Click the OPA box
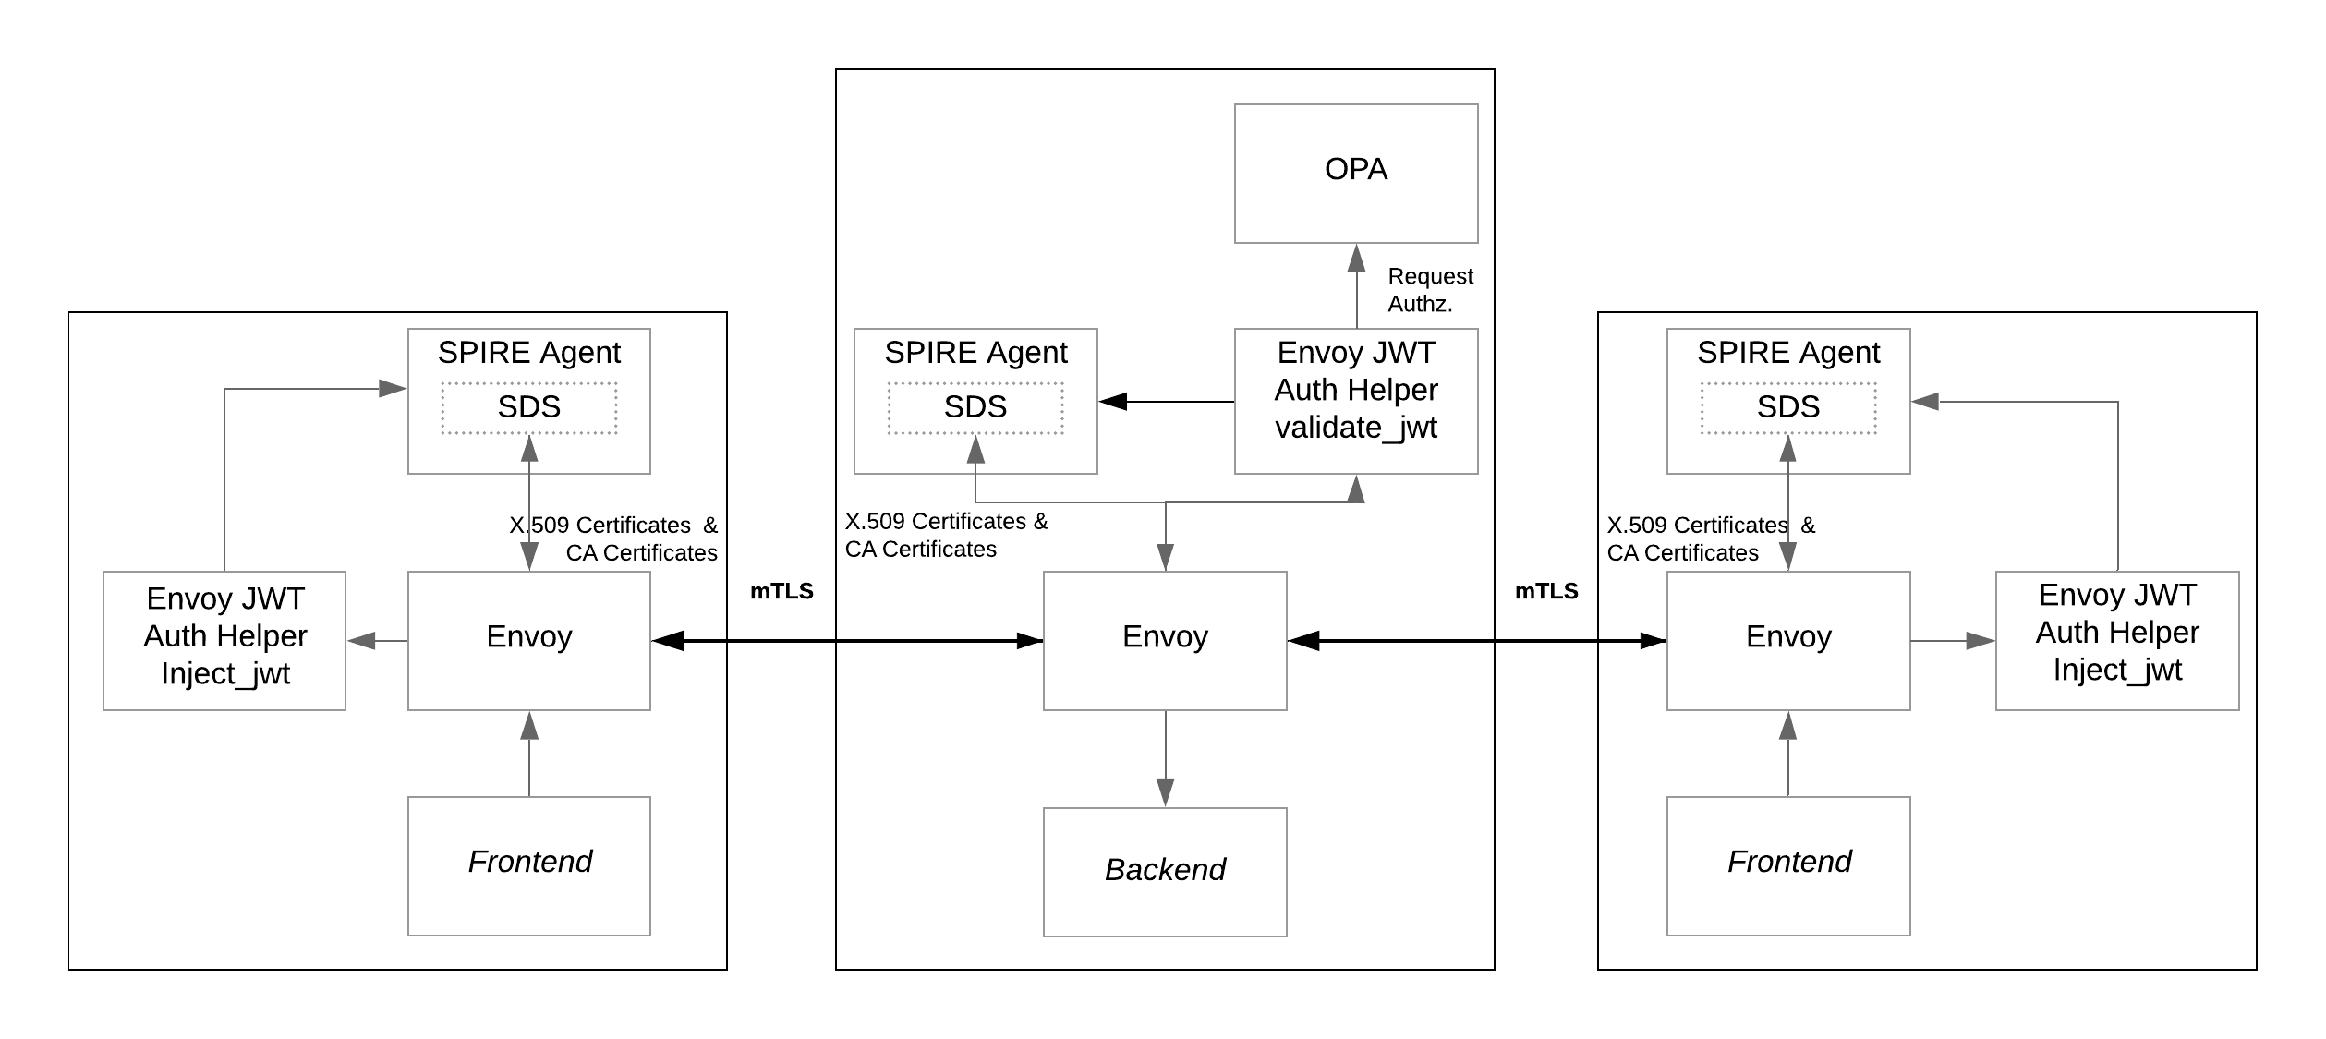[x=1355, y=174]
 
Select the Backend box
[x=1164, y=871]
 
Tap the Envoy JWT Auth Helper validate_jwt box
[x=1355, y=401]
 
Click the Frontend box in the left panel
[x=528, y=865]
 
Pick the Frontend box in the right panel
[x=1787, y=865]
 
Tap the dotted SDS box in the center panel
[x=975, y=407]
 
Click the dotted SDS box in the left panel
[x=528, y=407]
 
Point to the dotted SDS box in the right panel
[x=1787, y=407]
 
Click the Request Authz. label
[x=1429, y=290]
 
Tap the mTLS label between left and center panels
[x=781, y=591]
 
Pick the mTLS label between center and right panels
[x=1545, y=591]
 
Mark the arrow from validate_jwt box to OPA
[x=1356, y=286]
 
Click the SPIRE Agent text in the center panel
[x=975, y=353]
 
